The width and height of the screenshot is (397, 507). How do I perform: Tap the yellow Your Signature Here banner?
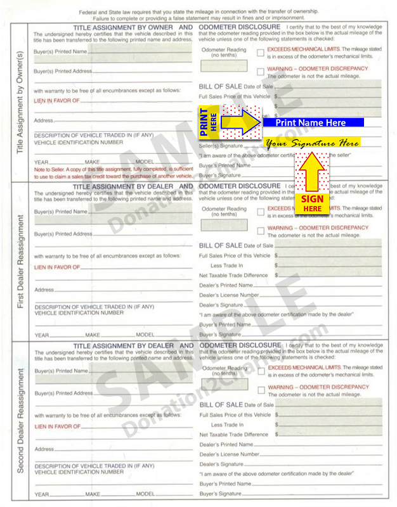click(x=312, y=143)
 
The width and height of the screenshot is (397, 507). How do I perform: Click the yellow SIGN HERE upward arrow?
click(x=312, y=184)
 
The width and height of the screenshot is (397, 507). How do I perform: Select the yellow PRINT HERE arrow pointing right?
click(x=228, y=120)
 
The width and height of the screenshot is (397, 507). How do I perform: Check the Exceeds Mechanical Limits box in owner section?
click(x=261, y=53)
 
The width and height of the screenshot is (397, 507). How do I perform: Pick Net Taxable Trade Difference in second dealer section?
click(x=233, y=435)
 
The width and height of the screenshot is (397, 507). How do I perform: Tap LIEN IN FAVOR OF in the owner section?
click(x=57, y=100)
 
